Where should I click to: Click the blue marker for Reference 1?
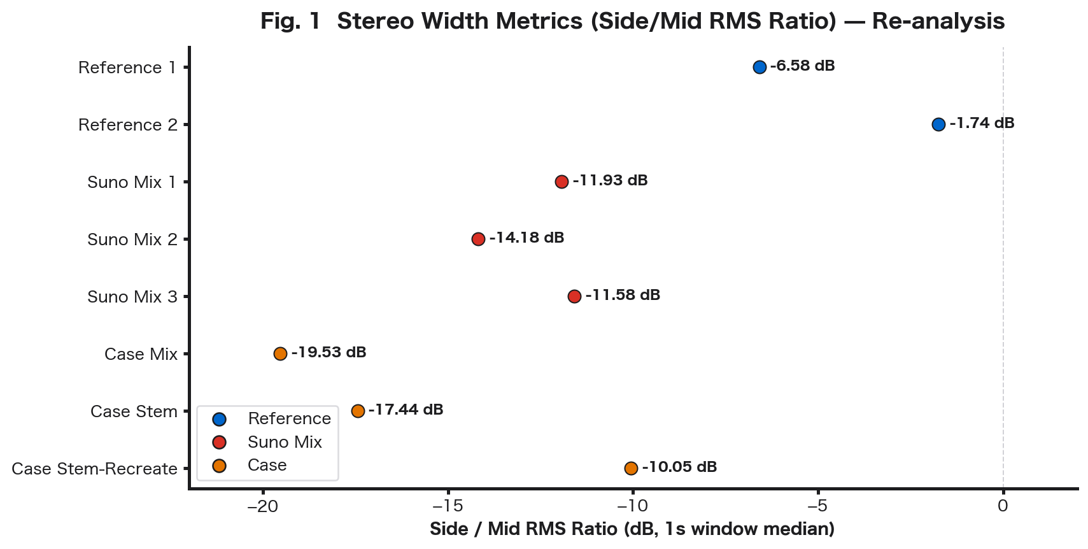click(x=759, y=67)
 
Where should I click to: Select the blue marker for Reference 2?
click(x=938, y=124)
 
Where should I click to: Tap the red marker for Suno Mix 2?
click(x=478, y=239)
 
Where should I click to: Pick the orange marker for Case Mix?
click(x=280, y=353)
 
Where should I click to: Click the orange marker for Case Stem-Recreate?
click(x=631, y=468)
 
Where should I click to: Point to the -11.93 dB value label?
click(x=610, y=181)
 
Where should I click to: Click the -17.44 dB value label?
click(x=406, y=410)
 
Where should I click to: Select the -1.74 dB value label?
click(x=982, y=124)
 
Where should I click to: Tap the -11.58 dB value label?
click(x=623, y=296)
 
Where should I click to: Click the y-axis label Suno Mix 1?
click(x=132, y=182)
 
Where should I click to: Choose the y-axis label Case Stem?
click(x=134, y=411)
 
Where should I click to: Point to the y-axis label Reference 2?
click(x=127, y=125)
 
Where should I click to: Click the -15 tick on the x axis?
click(x=448, y=506)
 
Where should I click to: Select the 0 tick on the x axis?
click(x=1003, y=506)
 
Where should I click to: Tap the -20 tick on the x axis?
click(x=262, y=506)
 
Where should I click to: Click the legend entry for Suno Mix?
click(x=285, y=442)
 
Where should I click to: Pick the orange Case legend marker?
click(x=220, y=466)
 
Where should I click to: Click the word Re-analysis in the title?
click(x=938, y=21)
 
